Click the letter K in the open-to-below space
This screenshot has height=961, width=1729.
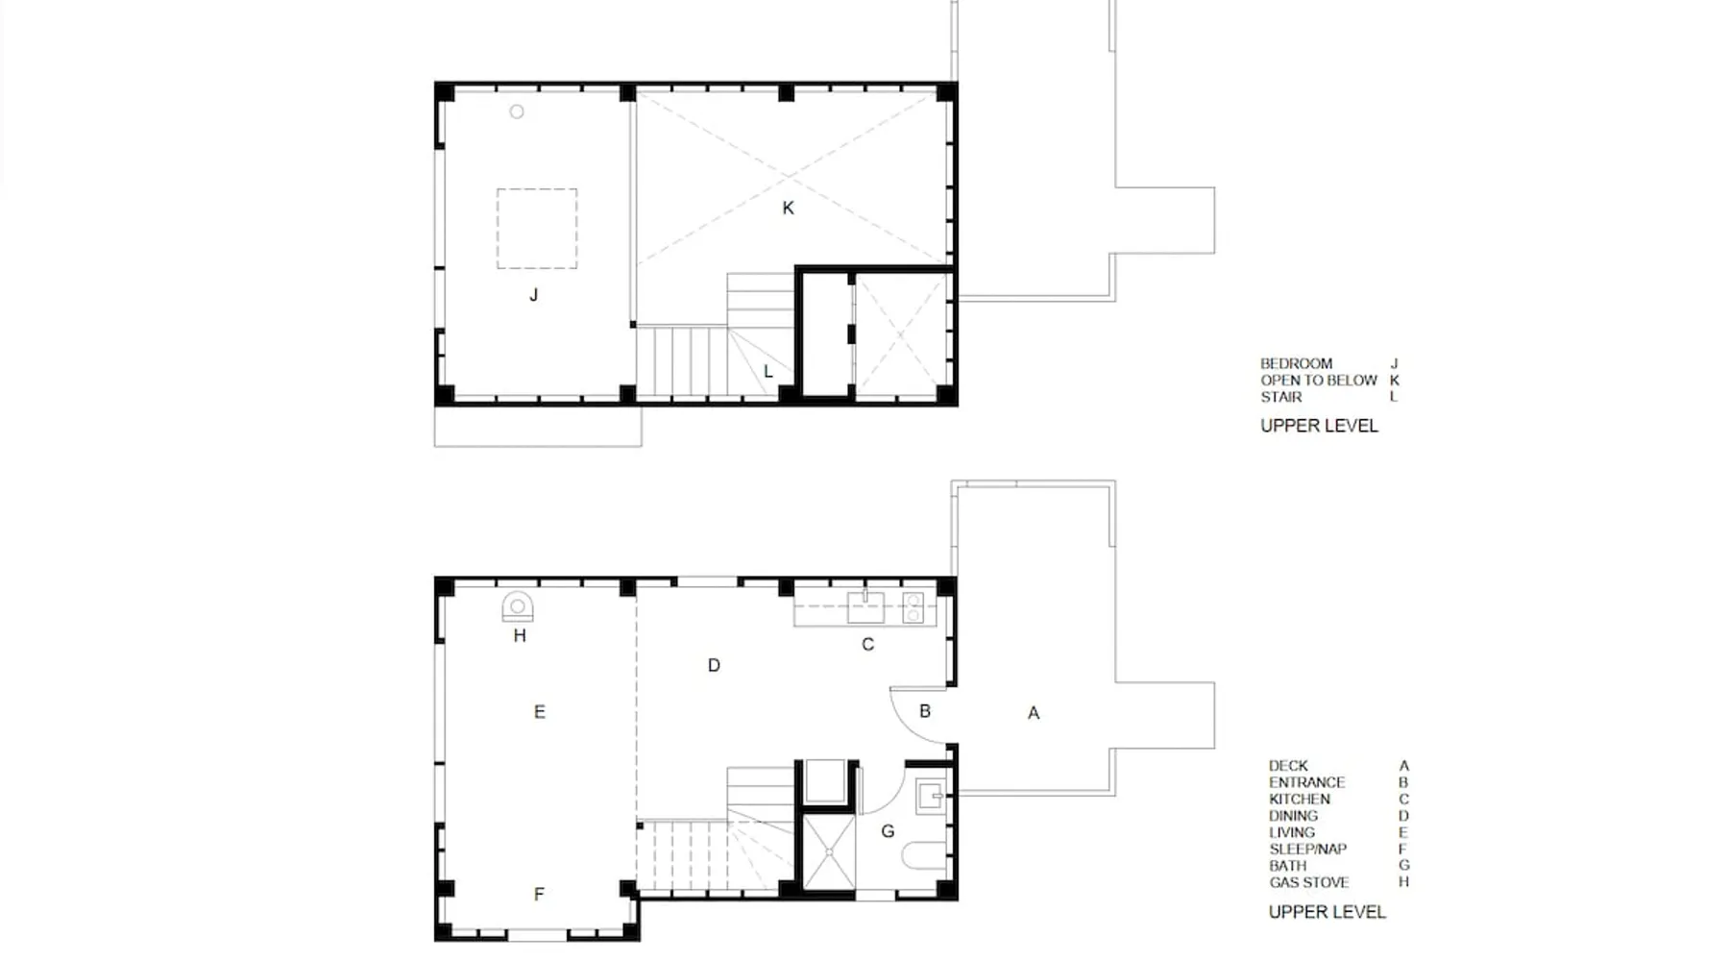tap(788, 208)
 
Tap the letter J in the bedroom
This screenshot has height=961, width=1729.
tap(534, 295)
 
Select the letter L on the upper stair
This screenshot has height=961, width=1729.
tap(767, 371)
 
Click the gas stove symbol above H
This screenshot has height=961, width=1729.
tap(518, 606)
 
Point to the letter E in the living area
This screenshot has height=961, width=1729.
tap(539, 712)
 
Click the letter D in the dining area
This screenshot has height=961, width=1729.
tap(714, 665)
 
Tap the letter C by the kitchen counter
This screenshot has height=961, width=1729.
tap(867, 645)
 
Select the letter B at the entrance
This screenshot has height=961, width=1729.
tap(925, 711)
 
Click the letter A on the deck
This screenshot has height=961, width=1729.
tap(1034, 713)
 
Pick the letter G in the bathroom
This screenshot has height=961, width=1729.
tap(888, 831)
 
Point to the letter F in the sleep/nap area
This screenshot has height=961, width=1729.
tap(539, 895)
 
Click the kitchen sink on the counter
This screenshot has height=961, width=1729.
tap(865, 607)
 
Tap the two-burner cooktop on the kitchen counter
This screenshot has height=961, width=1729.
tap(913, 608)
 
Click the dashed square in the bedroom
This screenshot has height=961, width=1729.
tap(537, 229)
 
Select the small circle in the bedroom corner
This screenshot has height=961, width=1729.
tap(517, 111)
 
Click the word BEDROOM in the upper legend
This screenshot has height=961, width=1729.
tap(1296, 364)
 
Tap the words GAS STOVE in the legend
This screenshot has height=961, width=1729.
tap(1308, 882)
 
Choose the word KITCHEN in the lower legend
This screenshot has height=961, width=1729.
tap(1300, 800)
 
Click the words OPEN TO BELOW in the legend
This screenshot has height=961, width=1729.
tap(1319, 381)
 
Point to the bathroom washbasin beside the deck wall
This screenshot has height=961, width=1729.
tap(930, 797)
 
